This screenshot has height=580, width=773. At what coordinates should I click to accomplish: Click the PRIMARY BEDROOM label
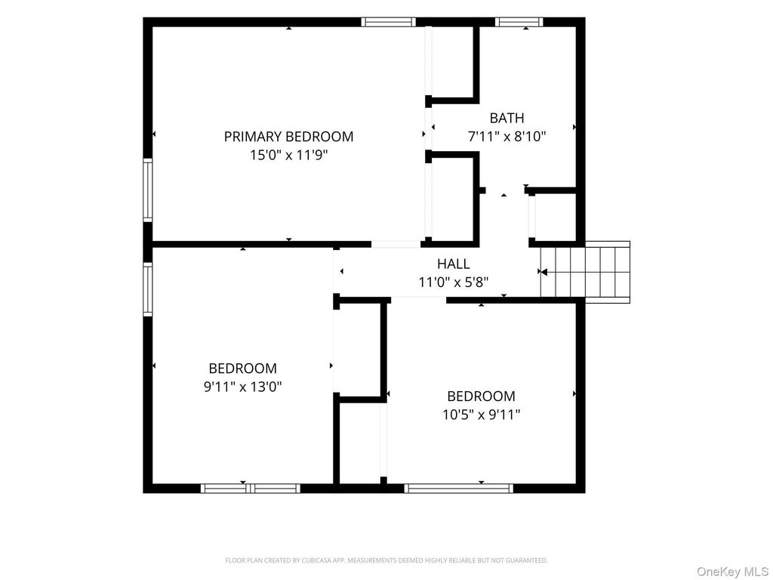click(x=288, y=137)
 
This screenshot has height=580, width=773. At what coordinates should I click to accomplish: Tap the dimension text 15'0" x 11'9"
click(x=288, y=156)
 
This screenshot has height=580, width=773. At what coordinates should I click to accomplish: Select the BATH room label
click(x=507, y=118)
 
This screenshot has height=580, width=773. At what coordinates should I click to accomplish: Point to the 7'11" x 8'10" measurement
click(x=507, y=137)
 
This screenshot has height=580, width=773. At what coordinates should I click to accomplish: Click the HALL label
click(x=454, y=264)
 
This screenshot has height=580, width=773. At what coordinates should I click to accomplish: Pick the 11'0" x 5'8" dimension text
click(x=454, y=282)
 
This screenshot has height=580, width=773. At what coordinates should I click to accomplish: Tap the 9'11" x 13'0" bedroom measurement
click(x=242, y=387)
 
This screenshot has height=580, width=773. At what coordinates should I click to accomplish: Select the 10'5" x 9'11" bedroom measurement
click(x=481, y=415)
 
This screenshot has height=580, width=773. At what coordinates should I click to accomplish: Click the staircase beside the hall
click(x=585, y=272)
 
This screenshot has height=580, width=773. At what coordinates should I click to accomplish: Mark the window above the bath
click(x=519, y=22)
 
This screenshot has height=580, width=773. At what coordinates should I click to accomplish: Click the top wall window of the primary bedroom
click(x=389, y=22)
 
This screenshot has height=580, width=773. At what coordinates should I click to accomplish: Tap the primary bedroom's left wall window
click(x=148, y=190)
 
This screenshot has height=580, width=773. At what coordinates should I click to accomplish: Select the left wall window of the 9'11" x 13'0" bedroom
click(x=148, y=289)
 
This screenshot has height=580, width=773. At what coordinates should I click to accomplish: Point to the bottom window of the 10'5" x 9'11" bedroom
click(x=459, y=489)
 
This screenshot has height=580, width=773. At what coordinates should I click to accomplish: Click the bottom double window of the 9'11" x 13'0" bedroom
click(x=251, y=489)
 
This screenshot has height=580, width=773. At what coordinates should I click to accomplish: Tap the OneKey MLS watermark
click(x=732, y=572)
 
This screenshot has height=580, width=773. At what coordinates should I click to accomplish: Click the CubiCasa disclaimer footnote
click(x=386, y=560)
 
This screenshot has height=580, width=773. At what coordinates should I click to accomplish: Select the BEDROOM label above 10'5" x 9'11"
click(x=481, y=396)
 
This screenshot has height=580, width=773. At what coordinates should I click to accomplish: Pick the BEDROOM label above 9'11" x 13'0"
click(x=242, y=369)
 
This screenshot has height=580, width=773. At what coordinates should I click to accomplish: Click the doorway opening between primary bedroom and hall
click(x=396, y=244)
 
